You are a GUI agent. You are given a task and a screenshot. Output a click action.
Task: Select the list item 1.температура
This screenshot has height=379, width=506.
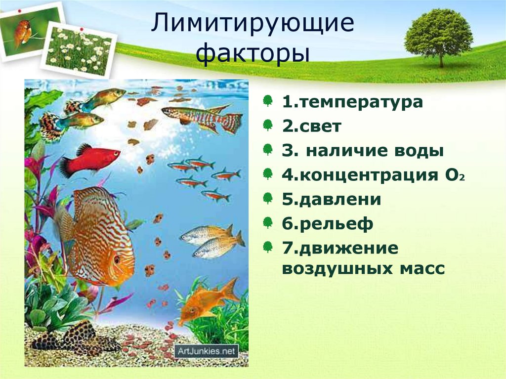click(x=352, y=103)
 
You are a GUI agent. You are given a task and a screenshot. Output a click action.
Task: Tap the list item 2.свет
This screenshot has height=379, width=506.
click(x=311, y=126)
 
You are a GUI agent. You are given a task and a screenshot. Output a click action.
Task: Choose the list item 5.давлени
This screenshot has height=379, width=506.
click(x=332, y=199)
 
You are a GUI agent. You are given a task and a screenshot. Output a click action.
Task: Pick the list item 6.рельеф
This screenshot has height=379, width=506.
click(x=328, y=223)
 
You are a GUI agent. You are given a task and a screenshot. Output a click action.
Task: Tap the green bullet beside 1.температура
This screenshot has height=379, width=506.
click(x=267, y=102)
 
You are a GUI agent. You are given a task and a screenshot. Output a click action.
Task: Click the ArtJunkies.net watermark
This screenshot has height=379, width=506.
click(x=206, y=351)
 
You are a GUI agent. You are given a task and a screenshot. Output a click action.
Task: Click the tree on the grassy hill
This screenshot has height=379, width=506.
click(x=438, y=35)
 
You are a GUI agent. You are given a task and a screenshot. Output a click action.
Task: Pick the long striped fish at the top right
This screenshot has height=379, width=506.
click(x=203, y=118)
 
